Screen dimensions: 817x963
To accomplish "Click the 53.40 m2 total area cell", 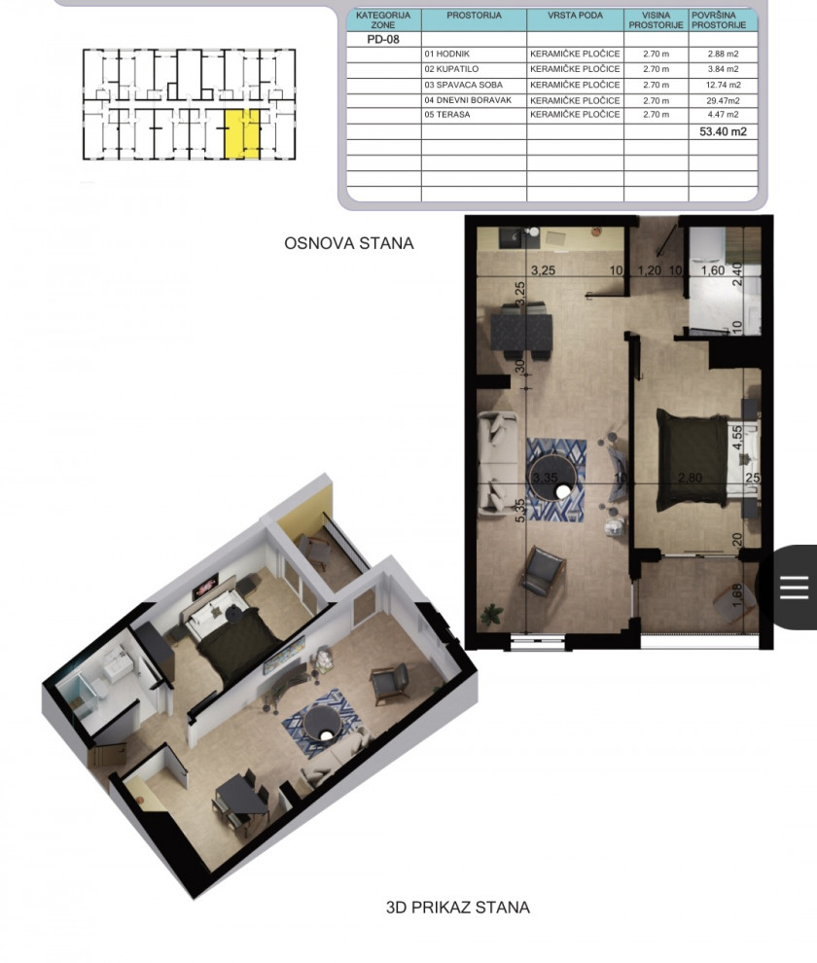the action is click(723, 131).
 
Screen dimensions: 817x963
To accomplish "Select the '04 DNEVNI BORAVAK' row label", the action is click(468, 100).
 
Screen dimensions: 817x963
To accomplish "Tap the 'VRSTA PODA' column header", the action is click(575, 16).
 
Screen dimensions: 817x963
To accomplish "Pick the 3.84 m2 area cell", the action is click(723, 69).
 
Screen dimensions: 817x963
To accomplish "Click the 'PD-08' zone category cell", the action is click(383, 39).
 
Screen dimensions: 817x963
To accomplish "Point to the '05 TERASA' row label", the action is click(447, 114).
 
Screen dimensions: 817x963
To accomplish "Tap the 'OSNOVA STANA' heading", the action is click(348, 243).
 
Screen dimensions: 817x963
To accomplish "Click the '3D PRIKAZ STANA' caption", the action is click(458, 908).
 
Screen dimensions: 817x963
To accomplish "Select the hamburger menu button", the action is click(794, 588).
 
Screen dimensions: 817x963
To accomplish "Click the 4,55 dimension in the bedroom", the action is click(737, 438).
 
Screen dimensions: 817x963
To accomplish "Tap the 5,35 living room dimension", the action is click(520, 510).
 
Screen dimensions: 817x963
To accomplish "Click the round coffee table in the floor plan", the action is click(552, 479).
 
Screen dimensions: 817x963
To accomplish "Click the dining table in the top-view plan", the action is click(521, 332).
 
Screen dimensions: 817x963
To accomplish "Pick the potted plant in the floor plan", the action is click(491, 613).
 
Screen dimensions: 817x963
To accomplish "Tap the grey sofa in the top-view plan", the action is click(498, 462).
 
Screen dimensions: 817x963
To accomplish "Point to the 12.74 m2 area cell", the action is click(723, 85).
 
